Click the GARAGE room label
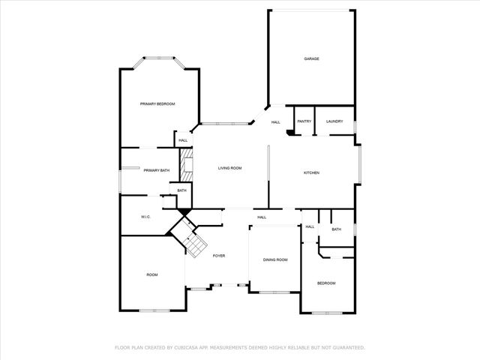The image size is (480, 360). pyautogui.click(x=311, y=58)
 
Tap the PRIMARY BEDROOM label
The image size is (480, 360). pyautogui.click(x=157, y=103)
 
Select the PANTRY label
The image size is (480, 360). pyautogui.click(x=304, y=121)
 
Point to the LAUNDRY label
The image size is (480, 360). pyautogui.click(x=334, y=121)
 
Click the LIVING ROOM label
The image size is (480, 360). pyautogui.click(x=229, y=169)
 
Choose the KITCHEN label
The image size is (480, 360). pyautogui.click(x=311, y=172)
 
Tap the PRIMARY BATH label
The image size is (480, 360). pyautogui.click(x=157, y=171)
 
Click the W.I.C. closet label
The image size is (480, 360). pyautogui.click(x=146, y=217)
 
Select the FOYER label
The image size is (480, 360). pyautogui.click(x=218, y=256)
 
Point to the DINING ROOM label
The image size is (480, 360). pyautogui.click(x=275, y=259)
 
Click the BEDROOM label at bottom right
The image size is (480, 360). pyautogui.click(x=326, y=283)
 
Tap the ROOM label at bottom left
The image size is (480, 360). pyautogui.click(x=152, y=275)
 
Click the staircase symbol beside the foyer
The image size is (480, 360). pyautogui.click(x=193, y=242)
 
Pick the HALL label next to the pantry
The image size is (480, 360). pyautogui.click(x=275, y=122)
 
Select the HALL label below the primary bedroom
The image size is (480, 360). pyautogui.click(x=183, y=140)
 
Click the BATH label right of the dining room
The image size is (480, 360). pyautogui.click(x=336, y=229)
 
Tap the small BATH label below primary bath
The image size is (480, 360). pyautogui.click(x=182, y=191)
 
